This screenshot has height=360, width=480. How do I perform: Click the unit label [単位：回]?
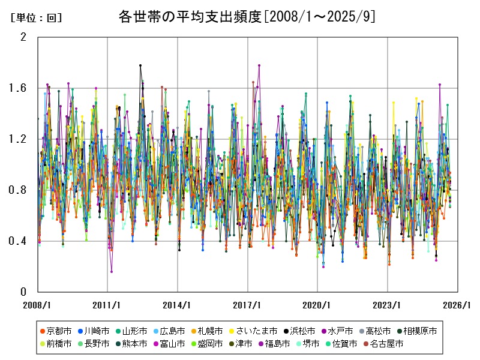36,18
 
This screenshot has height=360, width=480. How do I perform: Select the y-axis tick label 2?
24,37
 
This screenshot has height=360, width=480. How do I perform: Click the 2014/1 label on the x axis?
178,305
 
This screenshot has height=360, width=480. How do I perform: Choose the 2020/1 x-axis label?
317,305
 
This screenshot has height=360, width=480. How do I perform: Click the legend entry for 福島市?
273,344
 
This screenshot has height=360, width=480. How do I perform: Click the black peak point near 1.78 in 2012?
140,65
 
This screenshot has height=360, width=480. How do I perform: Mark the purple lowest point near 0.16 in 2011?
112,272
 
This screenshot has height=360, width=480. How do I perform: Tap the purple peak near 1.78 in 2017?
259,65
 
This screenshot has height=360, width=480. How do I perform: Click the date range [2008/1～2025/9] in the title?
320,17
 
